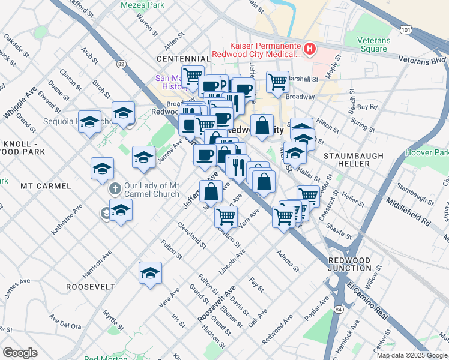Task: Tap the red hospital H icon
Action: [310, 49]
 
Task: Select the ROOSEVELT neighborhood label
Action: [91, 287]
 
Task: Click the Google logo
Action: [20, 352]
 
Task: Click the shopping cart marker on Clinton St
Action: [226, 216]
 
